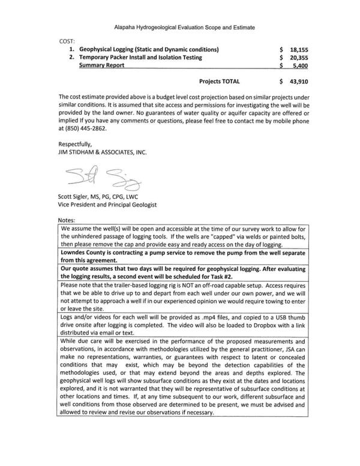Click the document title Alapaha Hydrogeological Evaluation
click(x=179, y=28)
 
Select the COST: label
click(x=68, y=40)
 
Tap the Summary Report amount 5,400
click(x=299, y=67)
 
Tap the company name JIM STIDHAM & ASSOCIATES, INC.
click(x=102, y=153)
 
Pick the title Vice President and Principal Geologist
click(x=107, y=205)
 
